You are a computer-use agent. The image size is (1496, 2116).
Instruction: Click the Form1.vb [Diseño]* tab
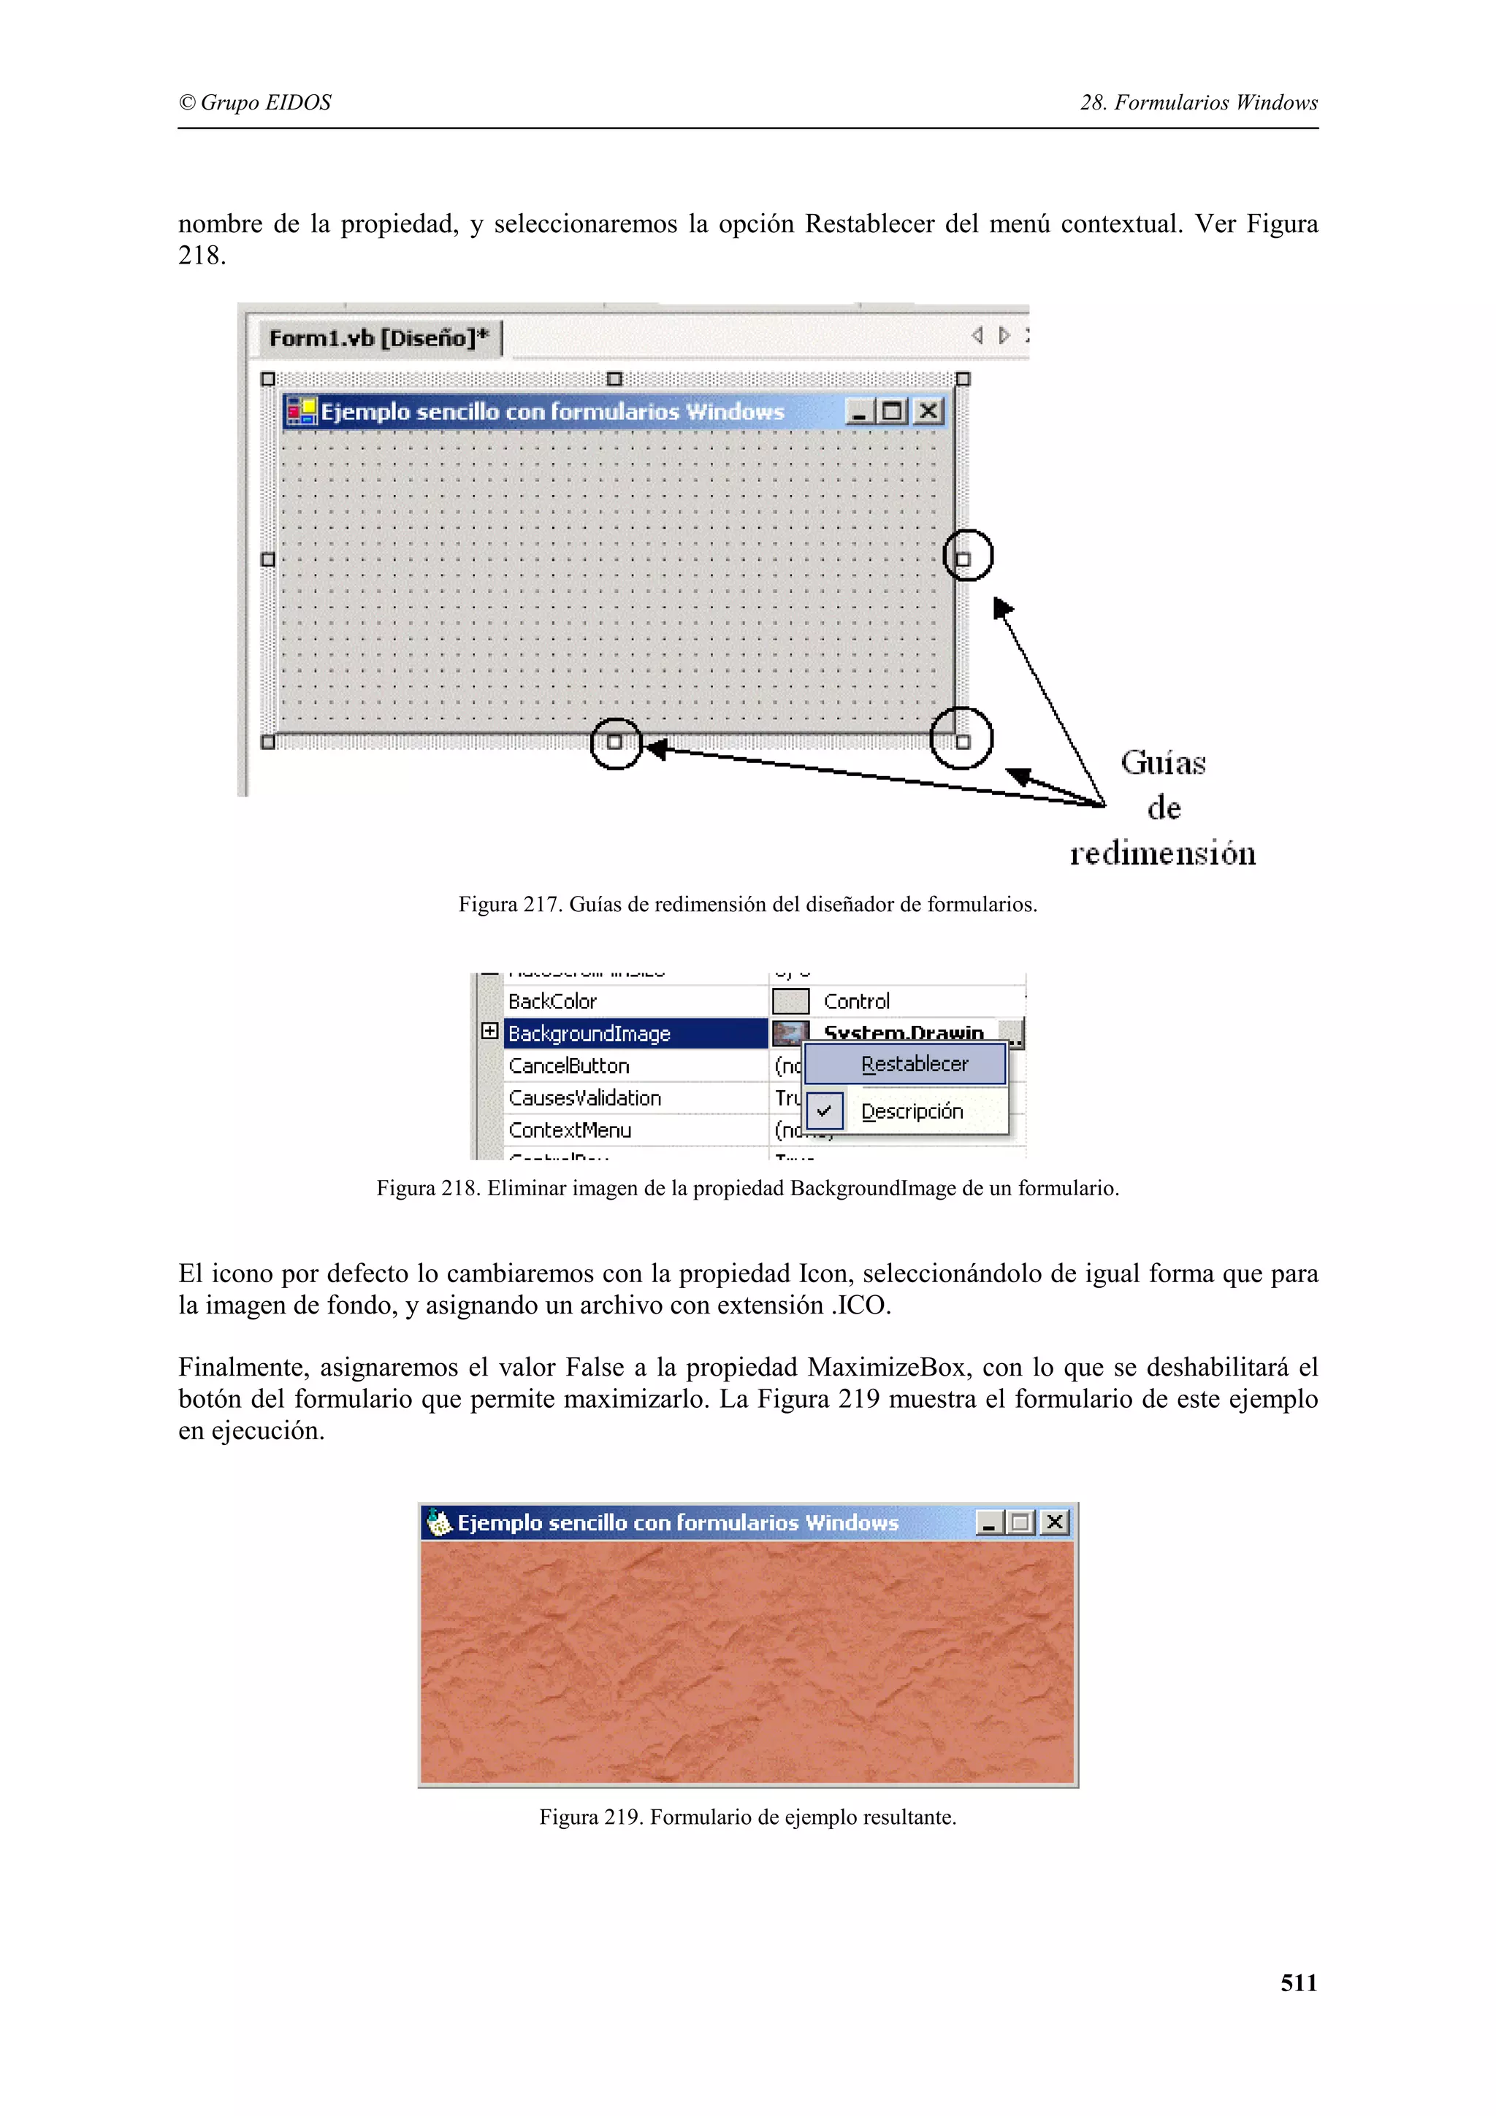pyautogui.click(x=378, y=338)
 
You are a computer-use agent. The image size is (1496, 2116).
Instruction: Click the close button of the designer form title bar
pyautogui.click(x=928, y=411)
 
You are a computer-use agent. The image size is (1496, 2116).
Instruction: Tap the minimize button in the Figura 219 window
pyautogui.click(x=989, y=1522)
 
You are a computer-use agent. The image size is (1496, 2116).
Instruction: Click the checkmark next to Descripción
pyautogui.click(x=824, y=1111)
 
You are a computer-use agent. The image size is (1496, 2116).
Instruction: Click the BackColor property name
pyautogui.click(x=553, y=1001)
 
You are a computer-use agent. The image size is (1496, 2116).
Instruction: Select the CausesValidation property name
pyautogui.click(x=584, y=1097)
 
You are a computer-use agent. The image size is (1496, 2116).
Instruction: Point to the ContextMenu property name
pyautogui.click(x=570, y=1130)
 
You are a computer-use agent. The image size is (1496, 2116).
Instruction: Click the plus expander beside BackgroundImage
pyautogui.click(x=490, y=1031)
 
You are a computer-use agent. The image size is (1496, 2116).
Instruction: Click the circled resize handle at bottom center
pyautogui.click(x=615, y=742)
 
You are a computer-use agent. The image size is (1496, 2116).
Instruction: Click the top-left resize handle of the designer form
pyautogui.click(x=268, y=379)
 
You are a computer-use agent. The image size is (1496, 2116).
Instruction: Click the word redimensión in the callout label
pyautogui.click(x=1162, y=854)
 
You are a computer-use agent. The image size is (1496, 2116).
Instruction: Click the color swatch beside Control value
pyautogui.click(x=790, y=1001)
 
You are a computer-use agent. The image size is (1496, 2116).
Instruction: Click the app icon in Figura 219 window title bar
pyautogui.click(x=440, y=1522)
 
